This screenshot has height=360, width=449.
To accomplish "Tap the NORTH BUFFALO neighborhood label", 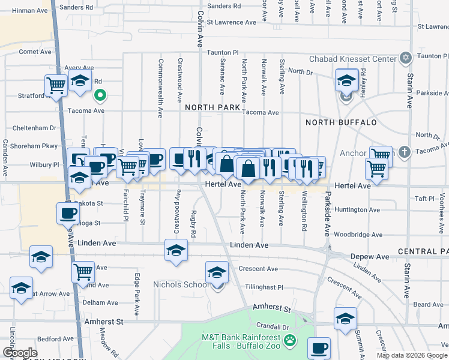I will pos(341,122).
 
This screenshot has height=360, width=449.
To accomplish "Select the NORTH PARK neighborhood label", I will pos(212,107).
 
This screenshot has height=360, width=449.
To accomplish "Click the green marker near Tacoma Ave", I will pos(101,94).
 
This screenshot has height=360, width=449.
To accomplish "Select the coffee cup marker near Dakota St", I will pos(67,212).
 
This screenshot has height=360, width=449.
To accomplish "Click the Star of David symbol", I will pos(406,58).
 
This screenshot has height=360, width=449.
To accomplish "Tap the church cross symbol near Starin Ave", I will pos(404,152).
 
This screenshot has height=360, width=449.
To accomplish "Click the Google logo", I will pos(20,353).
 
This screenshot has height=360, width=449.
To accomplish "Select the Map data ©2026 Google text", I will pos(412,355).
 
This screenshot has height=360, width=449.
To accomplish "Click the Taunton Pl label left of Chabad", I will pos(223,53).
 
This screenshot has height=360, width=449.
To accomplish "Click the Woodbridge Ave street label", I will pos(357,235).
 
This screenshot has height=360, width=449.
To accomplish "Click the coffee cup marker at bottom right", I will pos(319,347).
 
